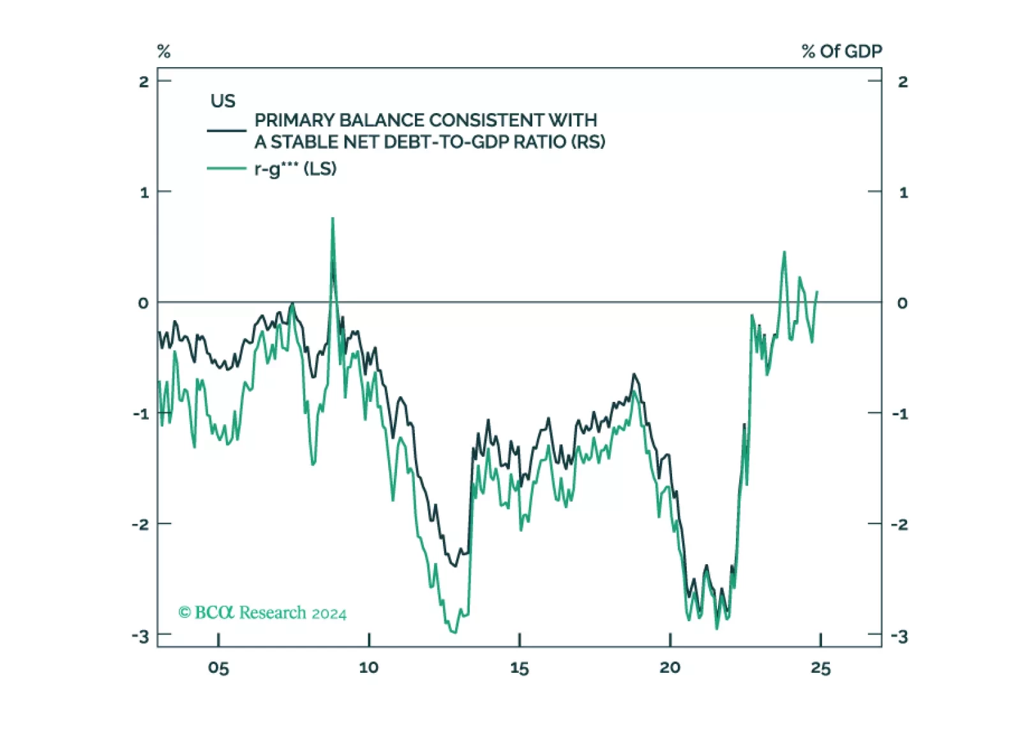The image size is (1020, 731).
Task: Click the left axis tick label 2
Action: (144, 82)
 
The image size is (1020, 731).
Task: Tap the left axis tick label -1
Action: (141, 413)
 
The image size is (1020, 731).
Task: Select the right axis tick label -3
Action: (899, 636)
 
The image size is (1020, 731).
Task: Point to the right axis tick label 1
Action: (903, 192)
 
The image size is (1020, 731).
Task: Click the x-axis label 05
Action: (218, 668)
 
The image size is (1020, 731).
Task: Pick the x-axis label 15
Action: (520, 668)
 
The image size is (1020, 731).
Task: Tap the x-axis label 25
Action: (820, 668)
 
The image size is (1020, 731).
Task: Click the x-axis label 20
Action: (670, 668)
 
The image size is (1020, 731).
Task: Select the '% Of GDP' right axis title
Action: (841, 51)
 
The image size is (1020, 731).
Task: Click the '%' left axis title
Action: (164, 51)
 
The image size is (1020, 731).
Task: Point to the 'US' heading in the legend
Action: (223, 101)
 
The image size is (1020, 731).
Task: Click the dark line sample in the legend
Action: (227, 130)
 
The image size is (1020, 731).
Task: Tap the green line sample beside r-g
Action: (227, 169)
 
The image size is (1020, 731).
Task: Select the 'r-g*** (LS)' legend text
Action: (296, 169)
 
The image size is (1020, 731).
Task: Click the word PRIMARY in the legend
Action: (294, 120)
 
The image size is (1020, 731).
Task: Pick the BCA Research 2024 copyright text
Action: (262, 613)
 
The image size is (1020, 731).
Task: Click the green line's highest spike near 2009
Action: (333, 219)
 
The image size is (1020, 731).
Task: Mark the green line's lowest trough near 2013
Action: (454, 633)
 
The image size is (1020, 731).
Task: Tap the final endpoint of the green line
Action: (817, 292)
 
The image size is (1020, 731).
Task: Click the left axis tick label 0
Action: (144, 303)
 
